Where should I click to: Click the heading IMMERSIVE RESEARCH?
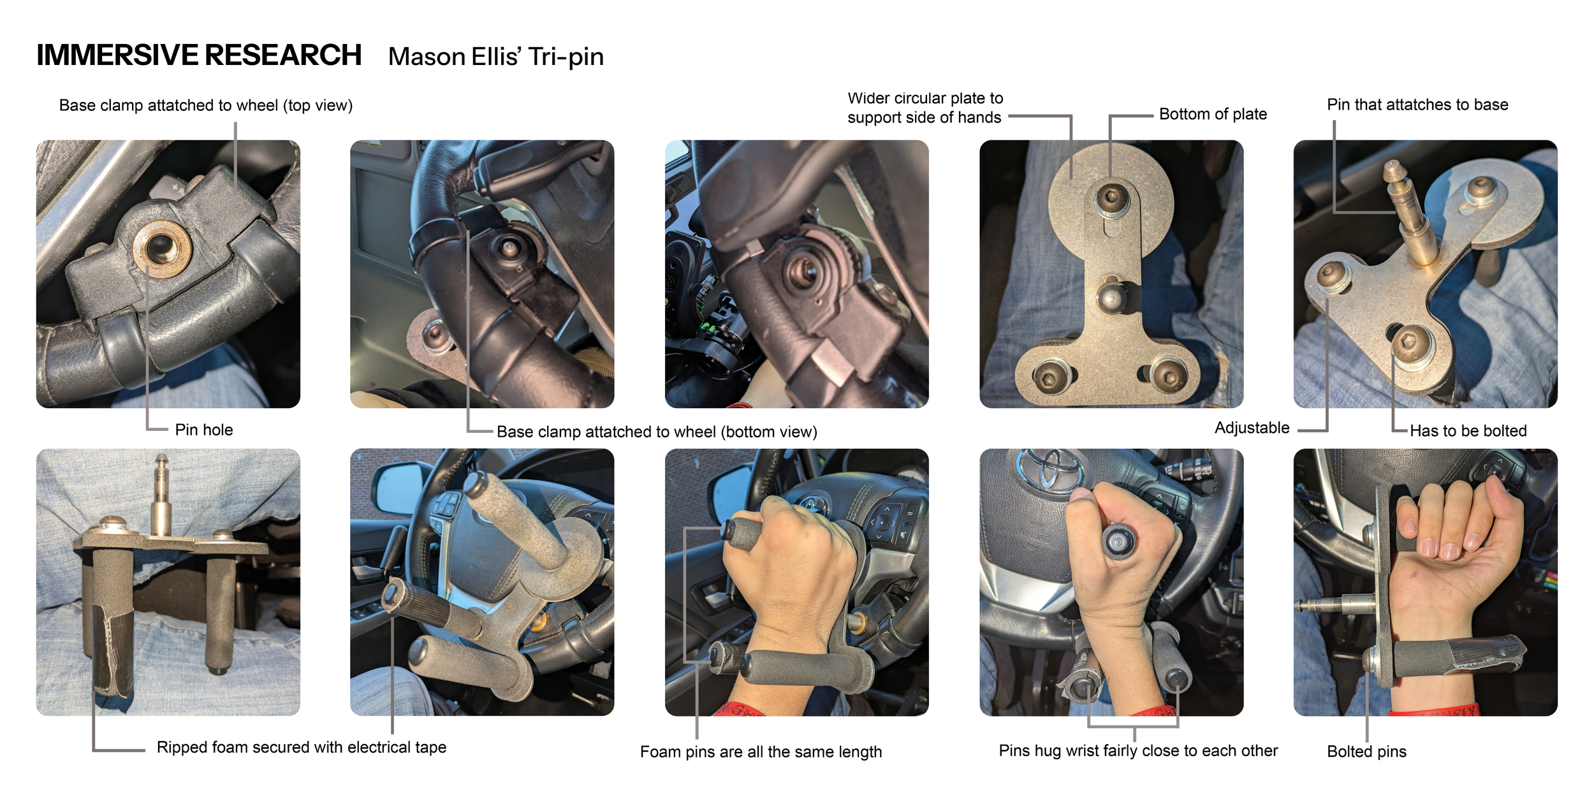coord(199,55)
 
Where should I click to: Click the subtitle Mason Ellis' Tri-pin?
coord(495,57)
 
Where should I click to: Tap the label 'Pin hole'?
coord(204,430)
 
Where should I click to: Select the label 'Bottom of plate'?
coord(1213,114)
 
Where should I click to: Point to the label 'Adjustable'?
coord(1252,428)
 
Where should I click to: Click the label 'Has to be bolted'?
coord(1468,431)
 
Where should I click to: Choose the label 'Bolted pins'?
coord(1366,751)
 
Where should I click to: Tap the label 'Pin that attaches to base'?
coord(1417,105)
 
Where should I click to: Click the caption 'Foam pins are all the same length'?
coord(761,752)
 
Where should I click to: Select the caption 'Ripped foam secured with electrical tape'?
coord(302,747)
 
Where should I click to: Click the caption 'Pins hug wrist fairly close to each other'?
coord(1138,750)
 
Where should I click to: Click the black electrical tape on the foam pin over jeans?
coord(112,650)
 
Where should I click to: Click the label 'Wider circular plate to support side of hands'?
coord(925,108)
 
